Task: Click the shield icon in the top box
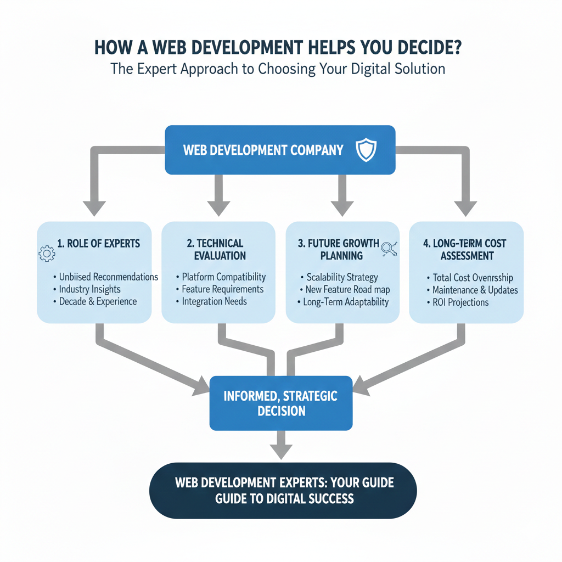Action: point(367,150)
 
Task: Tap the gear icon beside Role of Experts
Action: point(46,254)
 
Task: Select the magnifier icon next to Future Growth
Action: point(389,248)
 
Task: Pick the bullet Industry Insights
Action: point(89,289)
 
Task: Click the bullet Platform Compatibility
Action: point(224,277)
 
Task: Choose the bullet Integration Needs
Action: point(214,301)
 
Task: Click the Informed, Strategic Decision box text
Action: point(280,403)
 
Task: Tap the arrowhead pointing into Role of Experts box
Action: point(94,208)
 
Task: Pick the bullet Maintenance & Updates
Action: point(475,290)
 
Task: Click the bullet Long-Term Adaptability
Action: point(346,302)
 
